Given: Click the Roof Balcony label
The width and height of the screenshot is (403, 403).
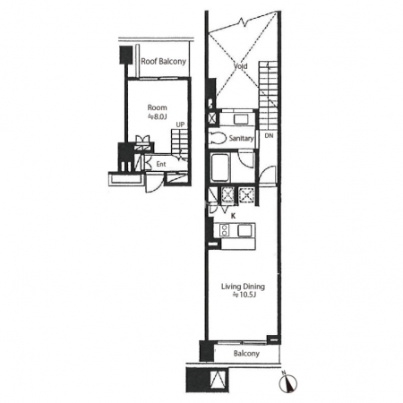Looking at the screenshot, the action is click(163, 62).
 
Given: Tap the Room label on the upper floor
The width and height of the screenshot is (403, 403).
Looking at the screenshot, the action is click(158, 107).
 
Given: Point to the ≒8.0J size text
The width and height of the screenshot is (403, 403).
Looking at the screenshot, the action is click(158, 116).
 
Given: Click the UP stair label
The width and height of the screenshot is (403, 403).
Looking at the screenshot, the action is click(180, 124).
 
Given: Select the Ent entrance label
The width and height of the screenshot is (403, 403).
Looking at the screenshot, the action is click(161, 164).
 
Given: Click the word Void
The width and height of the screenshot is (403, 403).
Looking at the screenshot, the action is click(241, 66).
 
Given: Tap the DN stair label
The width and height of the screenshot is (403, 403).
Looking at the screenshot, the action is click(269, 135).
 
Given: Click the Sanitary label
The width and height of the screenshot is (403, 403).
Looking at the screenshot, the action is click(241, 138).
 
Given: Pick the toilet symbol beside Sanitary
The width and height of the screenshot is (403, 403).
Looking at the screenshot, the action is click(218, 138).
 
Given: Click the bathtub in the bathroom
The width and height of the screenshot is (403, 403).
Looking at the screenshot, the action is click(220, 167).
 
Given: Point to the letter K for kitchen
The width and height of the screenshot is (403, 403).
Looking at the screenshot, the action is click(234, 216).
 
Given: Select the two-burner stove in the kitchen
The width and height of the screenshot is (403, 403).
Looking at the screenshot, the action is click(225, 230).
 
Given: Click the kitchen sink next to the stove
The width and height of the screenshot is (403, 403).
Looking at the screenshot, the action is click(244, 230).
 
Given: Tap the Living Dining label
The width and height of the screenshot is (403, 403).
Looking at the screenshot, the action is click(243, 287).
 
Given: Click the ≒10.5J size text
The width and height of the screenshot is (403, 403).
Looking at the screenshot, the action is click(244, 296).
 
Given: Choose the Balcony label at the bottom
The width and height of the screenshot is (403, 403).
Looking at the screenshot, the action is click(246, 354).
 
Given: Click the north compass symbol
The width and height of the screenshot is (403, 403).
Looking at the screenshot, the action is click(287, 382).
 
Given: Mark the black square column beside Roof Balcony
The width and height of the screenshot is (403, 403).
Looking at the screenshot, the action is click(126, 55).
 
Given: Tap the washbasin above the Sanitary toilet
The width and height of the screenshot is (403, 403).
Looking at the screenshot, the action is click(241, 119).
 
